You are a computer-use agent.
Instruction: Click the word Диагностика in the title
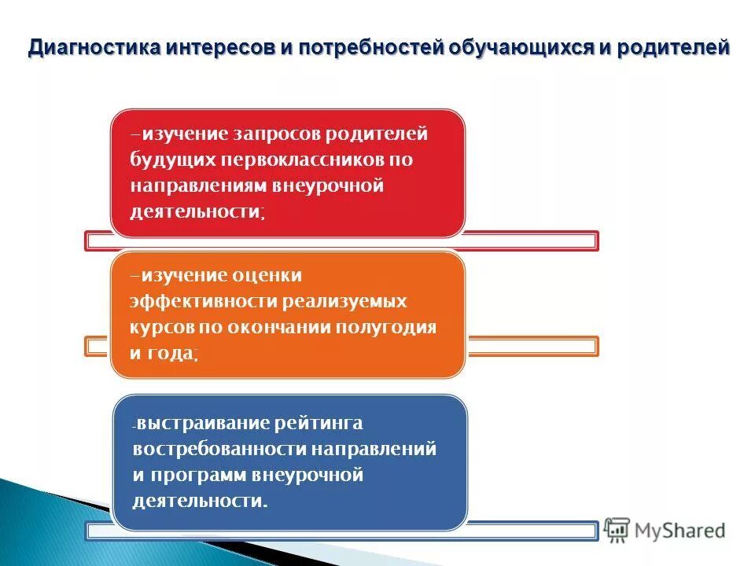94,48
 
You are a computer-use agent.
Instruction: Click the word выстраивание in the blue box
204,424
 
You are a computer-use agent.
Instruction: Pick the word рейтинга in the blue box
319,424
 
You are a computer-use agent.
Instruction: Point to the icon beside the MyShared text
617,530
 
